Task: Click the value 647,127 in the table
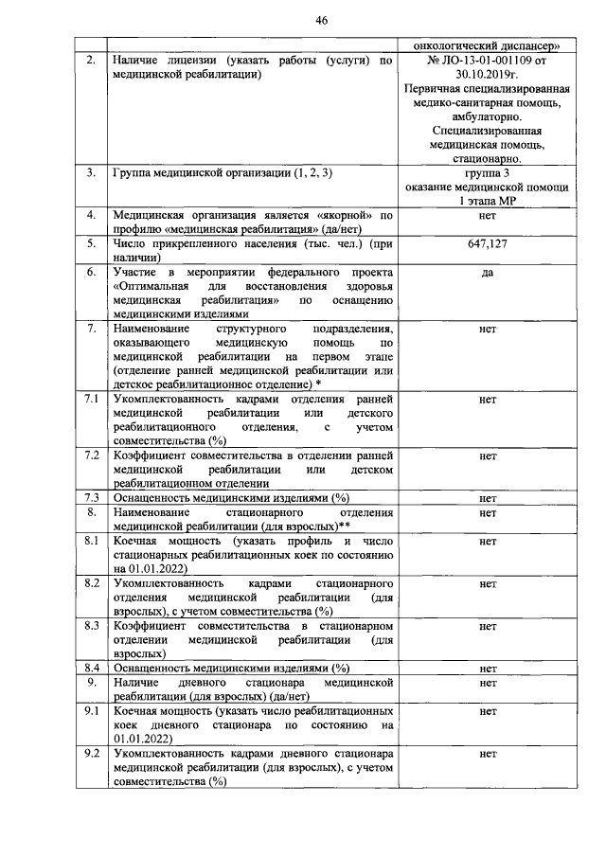pyautogui.click(x=488, y=243)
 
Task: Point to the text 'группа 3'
pyautogui.click(x=488, y=174)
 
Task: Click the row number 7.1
pyautogui.click(x=91, y=400)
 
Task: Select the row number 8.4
pyautogui.click(x=91, y=669)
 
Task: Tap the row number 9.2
pyautogui.click(x=91, y=754)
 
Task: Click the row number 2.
pyautogui.click(x=91, y=60)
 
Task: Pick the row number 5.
pyautogui.click(x=91, y=243)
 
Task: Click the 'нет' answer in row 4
pyautogui.click(x=488, y=216)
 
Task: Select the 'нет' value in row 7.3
pyautogui.click(x=488, y=498)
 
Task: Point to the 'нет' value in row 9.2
pyautogui.click(x=488, y=755)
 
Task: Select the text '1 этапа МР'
pyautogui.click(x=488, y=201)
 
